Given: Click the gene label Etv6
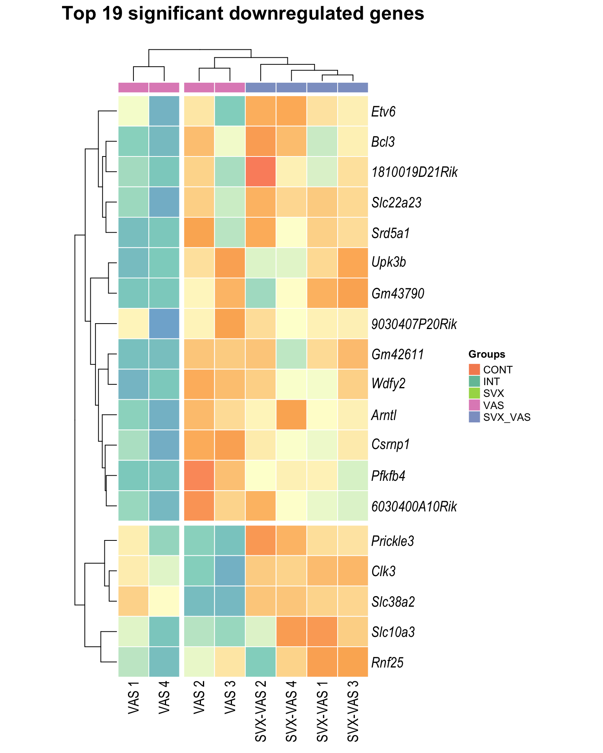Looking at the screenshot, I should [383, 112].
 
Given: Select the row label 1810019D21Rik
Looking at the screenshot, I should [414, 172].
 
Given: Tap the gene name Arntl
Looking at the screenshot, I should [384, 415].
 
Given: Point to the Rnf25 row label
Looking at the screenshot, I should [387, 663].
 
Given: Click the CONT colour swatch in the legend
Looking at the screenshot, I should [474, 369].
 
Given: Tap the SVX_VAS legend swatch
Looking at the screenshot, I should [474, 417].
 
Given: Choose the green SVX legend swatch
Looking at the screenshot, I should [474, 393].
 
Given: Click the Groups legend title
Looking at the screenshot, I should [486, 355].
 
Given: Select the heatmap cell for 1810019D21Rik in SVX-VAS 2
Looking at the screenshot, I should [261, 172].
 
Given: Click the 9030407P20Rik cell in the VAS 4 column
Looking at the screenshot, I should [164, 324].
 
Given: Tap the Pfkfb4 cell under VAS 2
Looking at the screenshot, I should [199, 475].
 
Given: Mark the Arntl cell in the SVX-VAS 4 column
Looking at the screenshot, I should [291, 415].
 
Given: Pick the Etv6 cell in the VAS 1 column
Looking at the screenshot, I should [133, 111].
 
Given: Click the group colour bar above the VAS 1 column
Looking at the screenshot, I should [133, 87].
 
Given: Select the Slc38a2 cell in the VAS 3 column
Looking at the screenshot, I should [230, 601].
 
